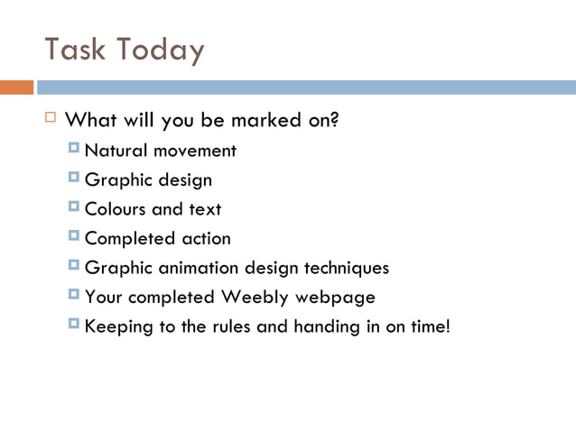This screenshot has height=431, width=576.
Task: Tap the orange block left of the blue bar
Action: click(x=16, y=87)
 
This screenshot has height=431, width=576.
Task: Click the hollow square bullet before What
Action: click(x=51, y=118)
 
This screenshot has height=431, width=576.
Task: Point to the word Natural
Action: click(x=116, y=151)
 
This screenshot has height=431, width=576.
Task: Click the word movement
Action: click(x=195, y=151)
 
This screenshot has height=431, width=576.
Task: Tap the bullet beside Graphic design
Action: click(x=73, y=179)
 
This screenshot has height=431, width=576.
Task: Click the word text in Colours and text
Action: click(x=205, y=209)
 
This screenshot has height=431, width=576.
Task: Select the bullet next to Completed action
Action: click(x=73, y=237)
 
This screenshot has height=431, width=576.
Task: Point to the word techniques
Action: click(x=346, y=268)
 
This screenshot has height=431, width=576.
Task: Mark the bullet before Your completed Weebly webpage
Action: click(x=73, y=295)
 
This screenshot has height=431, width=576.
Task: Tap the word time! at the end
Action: click(x=429, y=326)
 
